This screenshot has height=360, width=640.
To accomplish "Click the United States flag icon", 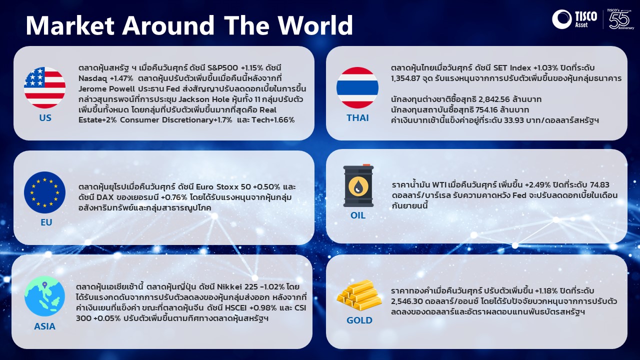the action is (x=44, y=87).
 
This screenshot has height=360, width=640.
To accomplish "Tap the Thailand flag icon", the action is (x=357, y=87).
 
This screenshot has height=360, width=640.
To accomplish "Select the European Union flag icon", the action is (x=44, y=192).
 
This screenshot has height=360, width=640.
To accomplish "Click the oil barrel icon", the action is (x=358, y=185).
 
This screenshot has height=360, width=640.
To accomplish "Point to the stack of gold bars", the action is (x=359, y=295).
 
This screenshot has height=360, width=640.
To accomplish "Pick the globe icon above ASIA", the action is (x=44, y=296).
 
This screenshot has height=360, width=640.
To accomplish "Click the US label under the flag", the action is (x=45, y=117).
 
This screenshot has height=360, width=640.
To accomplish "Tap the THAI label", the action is (x=357, y=117).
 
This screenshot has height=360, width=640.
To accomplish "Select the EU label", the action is (x=46, y=222).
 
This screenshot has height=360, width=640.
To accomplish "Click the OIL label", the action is (x=358, y=215).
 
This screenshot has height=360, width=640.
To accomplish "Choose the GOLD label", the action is (x=359, y=320).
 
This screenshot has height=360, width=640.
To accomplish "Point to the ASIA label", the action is (x=44, y=326).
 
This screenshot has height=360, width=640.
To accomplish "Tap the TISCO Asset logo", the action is (x=574, y=19).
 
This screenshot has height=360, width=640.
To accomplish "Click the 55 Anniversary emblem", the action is (x=620, y=19).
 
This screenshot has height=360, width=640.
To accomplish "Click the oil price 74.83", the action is (x=598, y=185).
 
